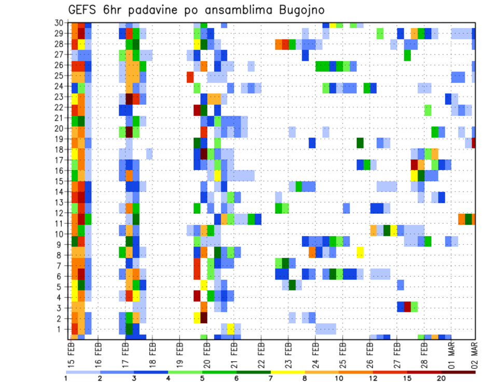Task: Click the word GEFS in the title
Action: point(85,10)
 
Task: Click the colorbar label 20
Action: point(441,378)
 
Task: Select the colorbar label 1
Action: point(65,378)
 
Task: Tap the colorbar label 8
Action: point(305,378)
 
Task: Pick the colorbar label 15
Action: point(407,378)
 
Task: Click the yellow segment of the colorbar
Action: point(287,372)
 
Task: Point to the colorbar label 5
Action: point(202,378)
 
